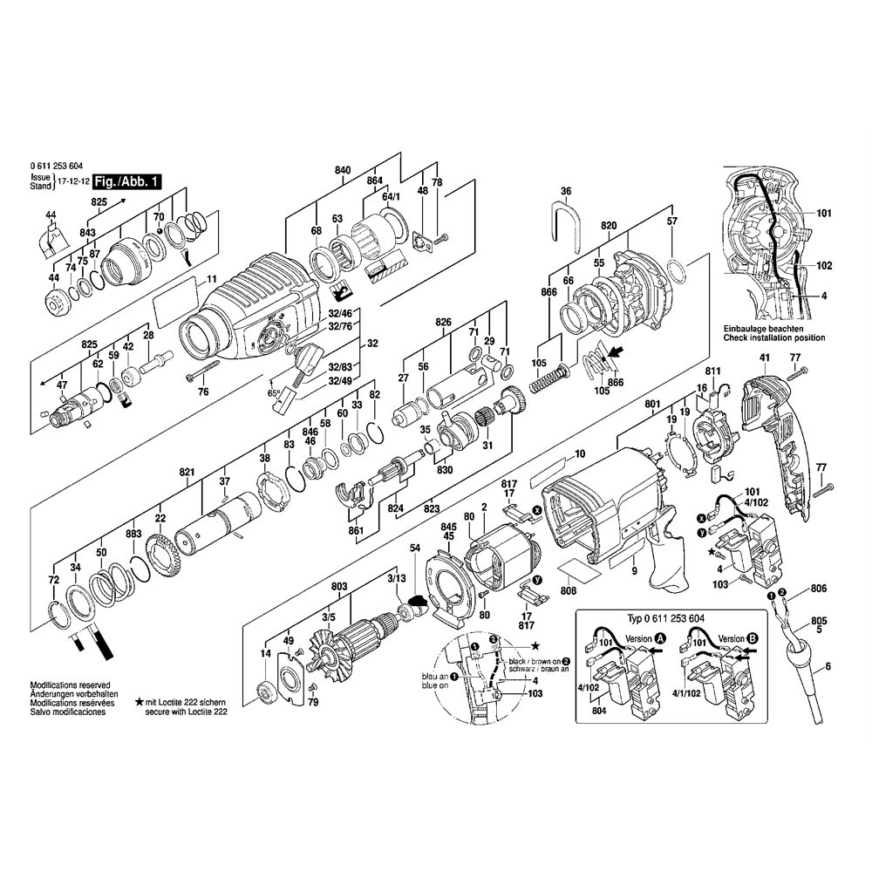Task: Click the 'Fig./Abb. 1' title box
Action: coord(127,182)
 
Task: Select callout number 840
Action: coord(342,169)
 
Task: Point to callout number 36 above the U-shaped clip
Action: coord(565,190)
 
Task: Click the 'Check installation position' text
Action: coord(773,337)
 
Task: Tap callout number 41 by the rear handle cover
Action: coord(764,358)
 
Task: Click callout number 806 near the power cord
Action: coord(819,589)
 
